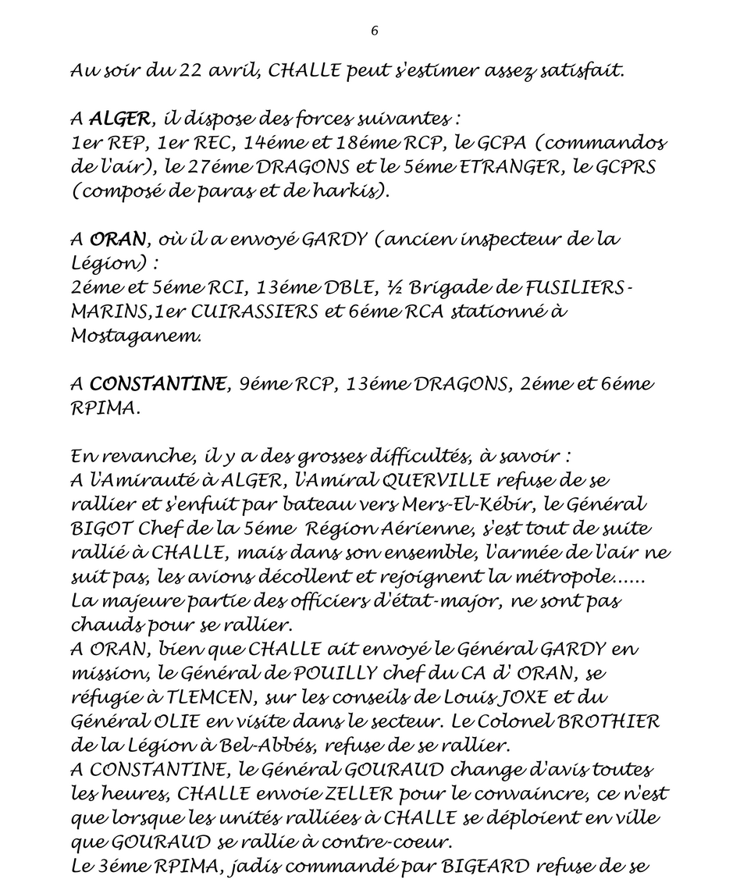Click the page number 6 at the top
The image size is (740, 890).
click(x=375, y=31)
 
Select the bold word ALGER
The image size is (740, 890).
click(x=119, y=119)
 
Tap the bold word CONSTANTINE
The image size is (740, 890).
click(x=158, y=384)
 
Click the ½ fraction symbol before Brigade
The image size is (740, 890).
click(x=393, y=287)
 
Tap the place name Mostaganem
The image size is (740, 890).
click(x=135, y=336)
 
